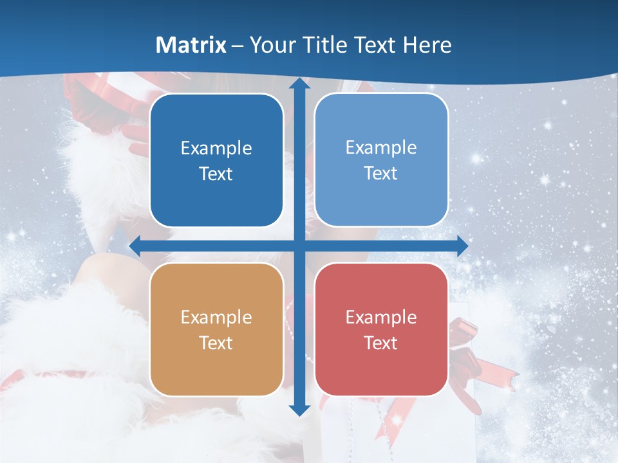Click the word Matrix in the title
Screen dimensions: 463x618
191,45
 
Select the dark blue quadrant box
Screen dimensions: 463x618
216,161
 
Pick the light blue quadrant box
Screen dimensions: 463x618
381,160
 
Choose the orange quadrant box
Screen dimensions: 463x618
216,329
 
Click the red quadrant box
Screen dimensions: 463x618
381,329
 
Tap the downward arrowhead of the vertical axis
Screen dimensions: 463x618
299,409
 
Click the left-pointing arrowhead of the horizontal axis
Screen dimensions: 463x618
136,246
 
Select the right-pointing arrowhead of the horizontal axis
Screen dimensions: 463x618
462,246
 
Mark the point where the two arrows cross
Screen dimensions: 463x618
299,246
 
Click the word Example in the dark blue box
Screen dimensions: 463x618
216,149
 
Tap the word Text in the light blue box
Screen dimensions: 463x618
381,173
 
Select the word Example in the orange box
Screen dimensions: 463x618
216,317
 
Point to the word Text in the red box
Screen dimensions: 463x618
381,343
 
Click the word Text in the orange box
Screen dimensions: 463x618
216,343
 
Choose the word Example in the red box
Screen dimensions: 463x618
381,317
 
